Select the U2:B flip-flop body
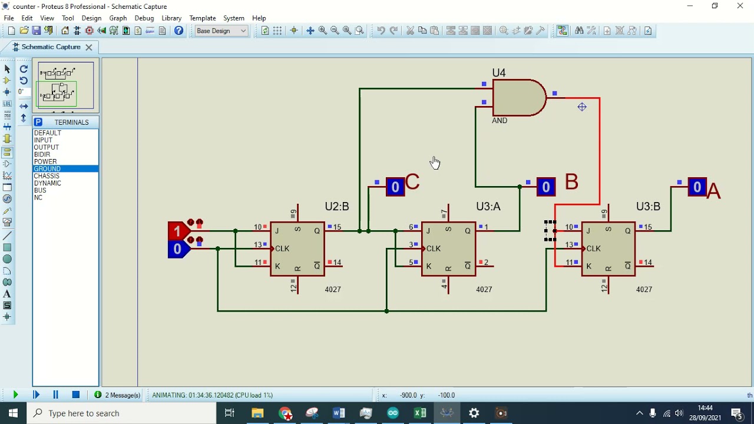(x=297, y=249)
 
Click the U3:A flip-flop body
(x=448, y=249)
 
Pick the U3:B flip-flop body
(x=608, y=249)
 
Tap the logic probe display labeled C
(x=395, y=187)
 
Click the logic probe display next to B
(x=545, y=187)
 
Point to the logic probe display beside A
(x=697, y=187)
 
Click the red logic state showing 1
(x=177, y=231)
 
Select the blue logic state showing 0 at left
(x=177, y=250)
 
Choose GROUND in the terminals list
(x=47, y=169)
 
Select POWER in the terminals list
(x=45, y=161)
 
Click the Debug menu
(x=144, y=18)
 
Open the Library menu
(x=171, y=18)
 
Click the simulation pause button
(x=55, y=395)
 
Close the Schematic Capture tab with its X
(x=89, y=47)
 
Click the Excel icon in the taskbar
(x=420, y=413)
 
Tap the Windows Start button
(x=13, y=413)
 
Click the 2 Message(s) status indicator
(x=118, y=395)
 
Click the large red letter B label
(x=571, y=182)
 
